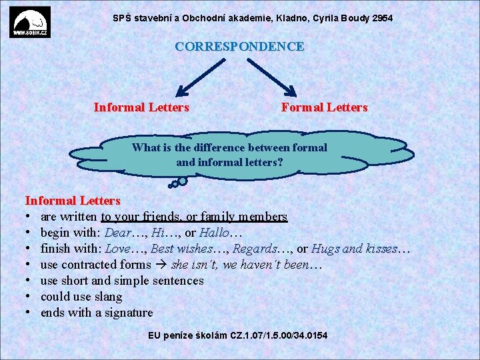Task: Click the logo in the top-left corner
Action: pyautogui.click(x=30, y=23)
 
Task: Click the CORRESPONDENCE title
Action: pyautogui.click(x=239, y=47)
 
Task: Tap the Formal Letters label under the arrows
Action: pyautogui.click(x=324, y=107)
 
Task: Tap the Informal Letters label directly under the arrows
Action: pyautogui.click(x=141, y=107)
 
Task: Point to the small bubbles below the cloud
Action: pyautogui.click(x=179, y=181)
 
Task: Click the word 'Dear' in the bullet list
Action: pyautogui.click(x=118, y=233)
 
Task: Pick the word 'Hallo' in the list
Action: pyautogui.click(x=213, y=233)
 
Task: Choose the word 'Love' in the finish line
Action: pyautogui.click(x=117, y=249)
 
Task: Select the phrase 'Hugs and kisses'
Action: pyautogui.click(x=354, y=249)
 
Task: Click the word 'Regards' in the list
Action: pyautogui.click(x=253, y=249)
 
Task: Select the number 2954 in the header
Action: pyautogui.click(x=383, y=18)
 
